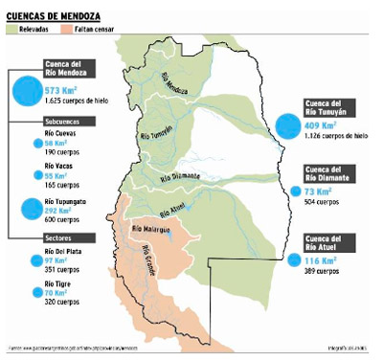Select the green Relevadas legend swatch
[x=12, y=30]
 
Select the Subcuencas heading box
[x=62, y=122]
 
